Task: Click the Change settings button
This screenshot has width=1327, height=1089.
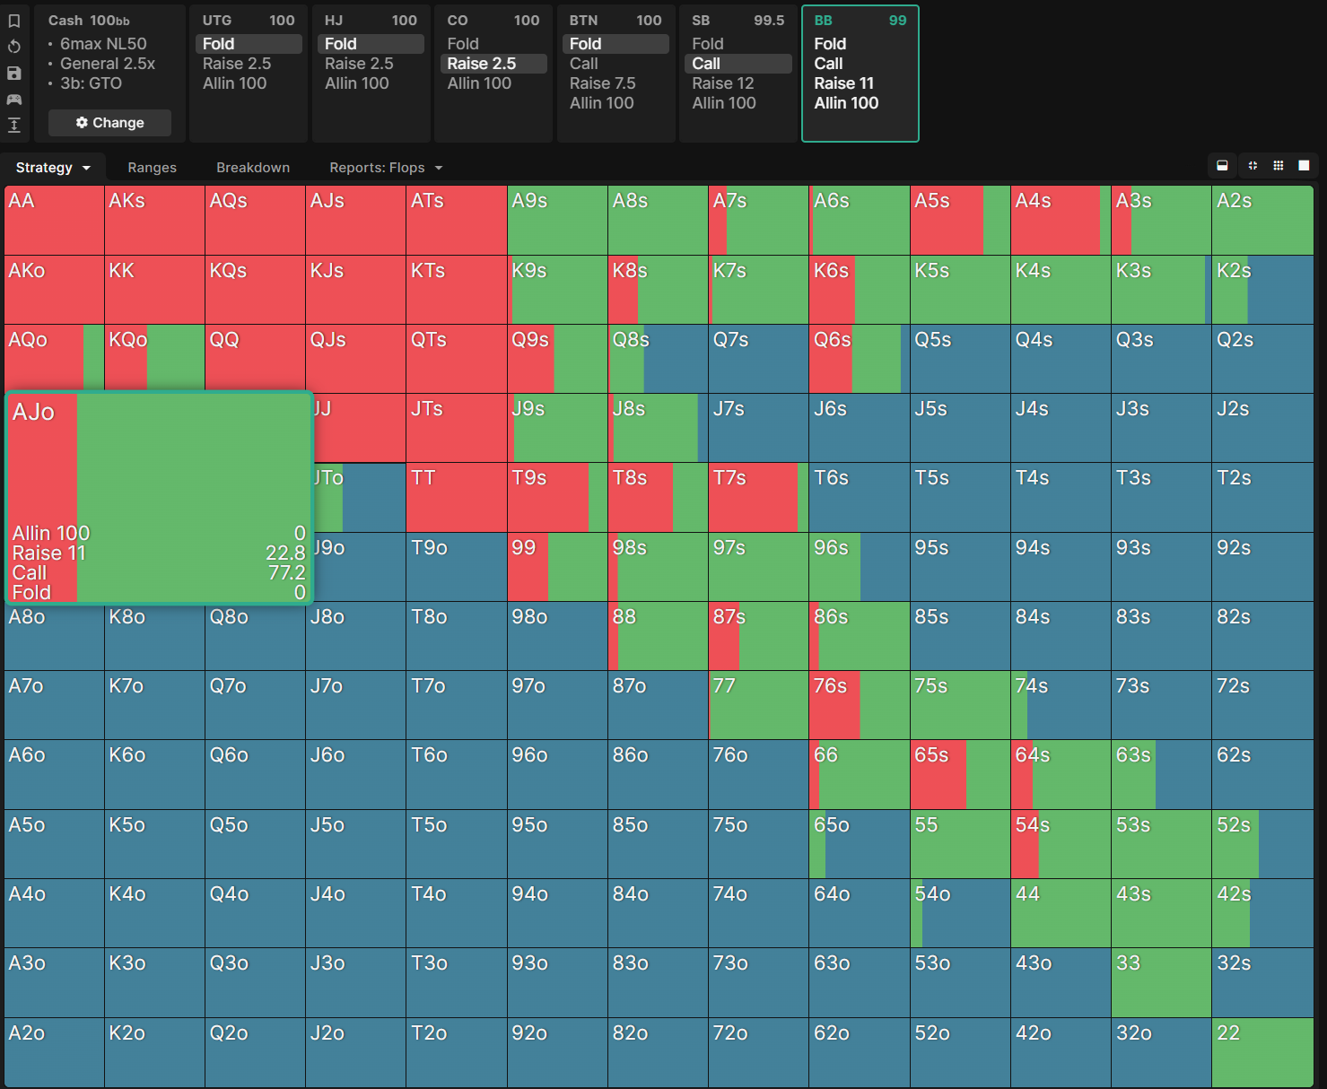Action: [109, 123]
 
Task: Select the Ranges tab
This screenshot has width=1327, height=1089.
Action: [152, 168]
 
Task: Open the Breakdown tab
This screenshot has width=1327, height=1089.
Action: [253, 168]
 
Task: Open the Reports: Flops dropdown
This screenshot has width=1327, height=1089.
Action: [386, 168]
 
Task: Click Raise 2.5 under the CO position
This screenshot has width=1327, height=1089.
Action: [481, 64]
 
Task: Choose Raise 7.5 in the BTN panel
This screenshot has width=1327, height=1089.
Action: [602, 83]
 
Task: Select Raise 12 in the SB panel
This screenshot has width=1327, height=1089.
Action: [723, 83]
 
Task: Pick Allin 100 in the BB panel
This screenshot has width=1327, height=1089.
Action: [846, 102]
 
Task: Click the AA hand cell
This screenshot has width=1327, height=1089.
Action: [54, 220]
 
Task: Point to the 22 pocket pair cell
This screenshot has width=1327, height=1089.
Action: [1262, 1052]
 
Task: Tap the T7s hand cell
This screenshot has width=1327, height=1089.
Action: [758, 498]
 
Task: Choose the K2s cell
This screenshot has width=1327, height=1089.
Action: [1262, 290]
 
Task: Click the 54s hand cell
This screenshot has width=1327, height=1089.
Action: [1061, 844]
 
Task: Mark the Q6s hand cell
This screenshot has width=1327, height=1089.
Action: [859, 359]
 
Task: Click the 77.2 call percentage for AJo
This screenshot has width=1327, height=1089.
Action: [286, 572]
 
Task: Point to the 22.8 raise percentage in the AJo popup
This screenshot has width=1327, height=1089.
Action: [285, 553]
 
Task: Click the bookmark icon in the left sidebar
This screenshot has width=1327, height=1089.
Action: [14, 21]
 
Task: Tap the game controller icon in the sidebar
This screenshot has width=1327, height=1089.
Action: [14, 100]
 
